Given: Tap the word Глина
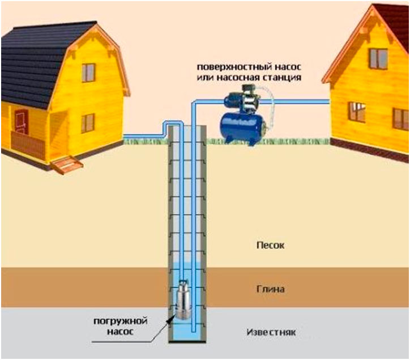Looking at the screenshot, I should [268, 289].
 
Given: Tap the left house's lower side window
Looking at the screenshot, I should [88, 123].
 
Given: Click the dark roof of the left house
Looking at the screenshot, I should [40, 57].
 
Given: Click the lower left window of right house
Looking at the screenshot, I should [356, 112].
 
